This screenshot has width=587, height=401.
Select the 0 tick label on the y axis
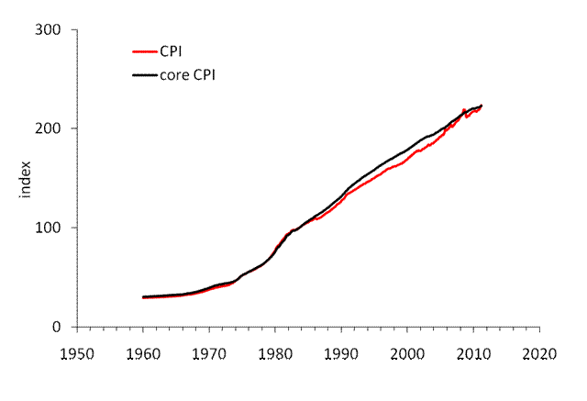(x=57, y=327)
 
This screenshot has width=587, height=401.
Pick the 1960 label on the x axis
(x=143, y=353)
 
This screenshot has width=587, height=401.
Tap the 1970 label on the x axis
(x=209, y=353)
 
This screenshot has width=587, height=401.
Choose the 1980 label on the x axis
(x=275, y=353)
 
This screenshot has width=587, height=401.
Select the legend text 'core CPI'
(x=194, y=73)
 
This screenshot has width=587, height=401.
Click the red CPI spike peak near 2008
(x=464, y=108)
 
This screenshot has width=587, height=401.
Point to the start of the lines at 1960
(x=143, y=297)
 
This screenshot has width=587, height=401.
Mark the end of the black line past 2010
(x=482, y=105)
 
